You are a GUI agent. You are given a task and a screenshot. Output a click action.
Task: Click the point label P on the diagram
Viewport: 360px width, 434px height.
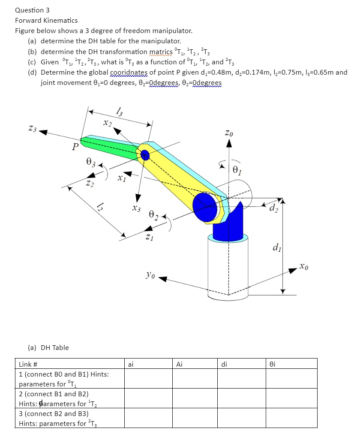coord(75,148)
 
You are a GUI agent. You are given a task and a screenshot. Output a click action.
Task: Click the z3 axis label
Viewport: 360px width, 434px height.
coord(33,128)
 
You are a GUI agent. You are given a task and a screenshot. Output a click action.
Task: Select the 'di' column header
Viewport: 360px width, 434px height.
coord(224,365)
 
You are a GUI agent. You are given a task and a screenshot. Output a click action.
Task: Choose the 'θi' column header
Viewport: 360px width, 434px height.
coord(272,365)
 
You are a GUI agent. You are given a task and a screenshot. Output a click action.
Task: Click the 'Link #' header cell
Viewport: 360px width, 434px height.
coord(28,365)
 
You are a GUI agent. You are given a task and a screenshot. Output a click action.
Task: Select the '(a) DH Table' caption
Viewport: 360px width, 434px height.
coord(48,347)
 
